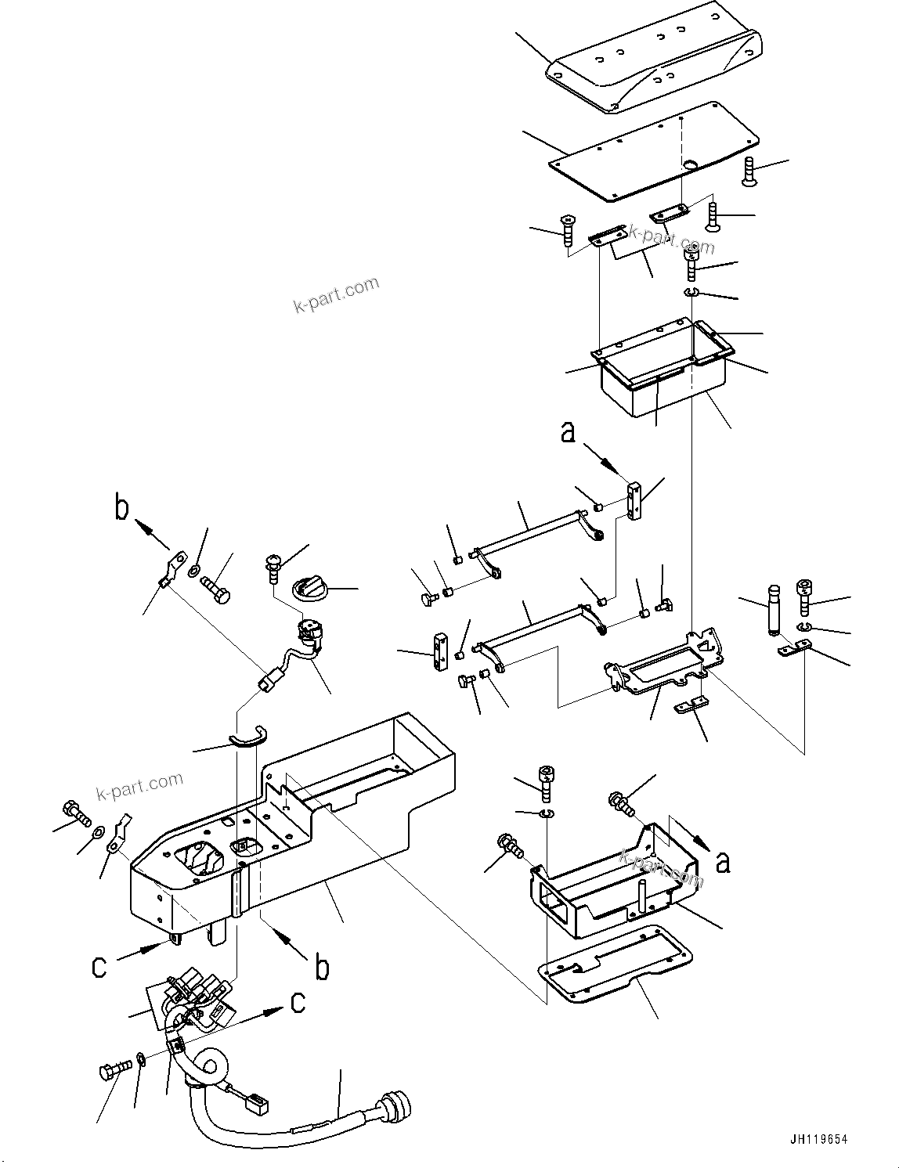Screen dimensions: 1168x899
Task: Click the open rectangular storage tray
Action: click(663, 367)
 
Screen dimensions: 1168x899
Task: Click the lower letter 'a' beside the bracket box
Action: click(723, 861)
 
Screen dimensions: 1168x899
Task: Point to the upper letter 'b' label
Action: click(121, 508)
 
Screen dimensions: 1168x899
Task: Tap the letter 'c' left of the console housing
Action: click(99, 966)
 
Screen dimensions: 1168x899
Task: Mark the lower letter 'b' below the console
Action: click(322, 968)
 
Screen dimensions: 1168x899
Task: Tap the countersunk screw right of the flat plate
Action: click(748, 171)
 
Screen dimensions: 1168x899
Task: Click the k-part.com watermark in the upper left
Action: click(336, 294)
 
